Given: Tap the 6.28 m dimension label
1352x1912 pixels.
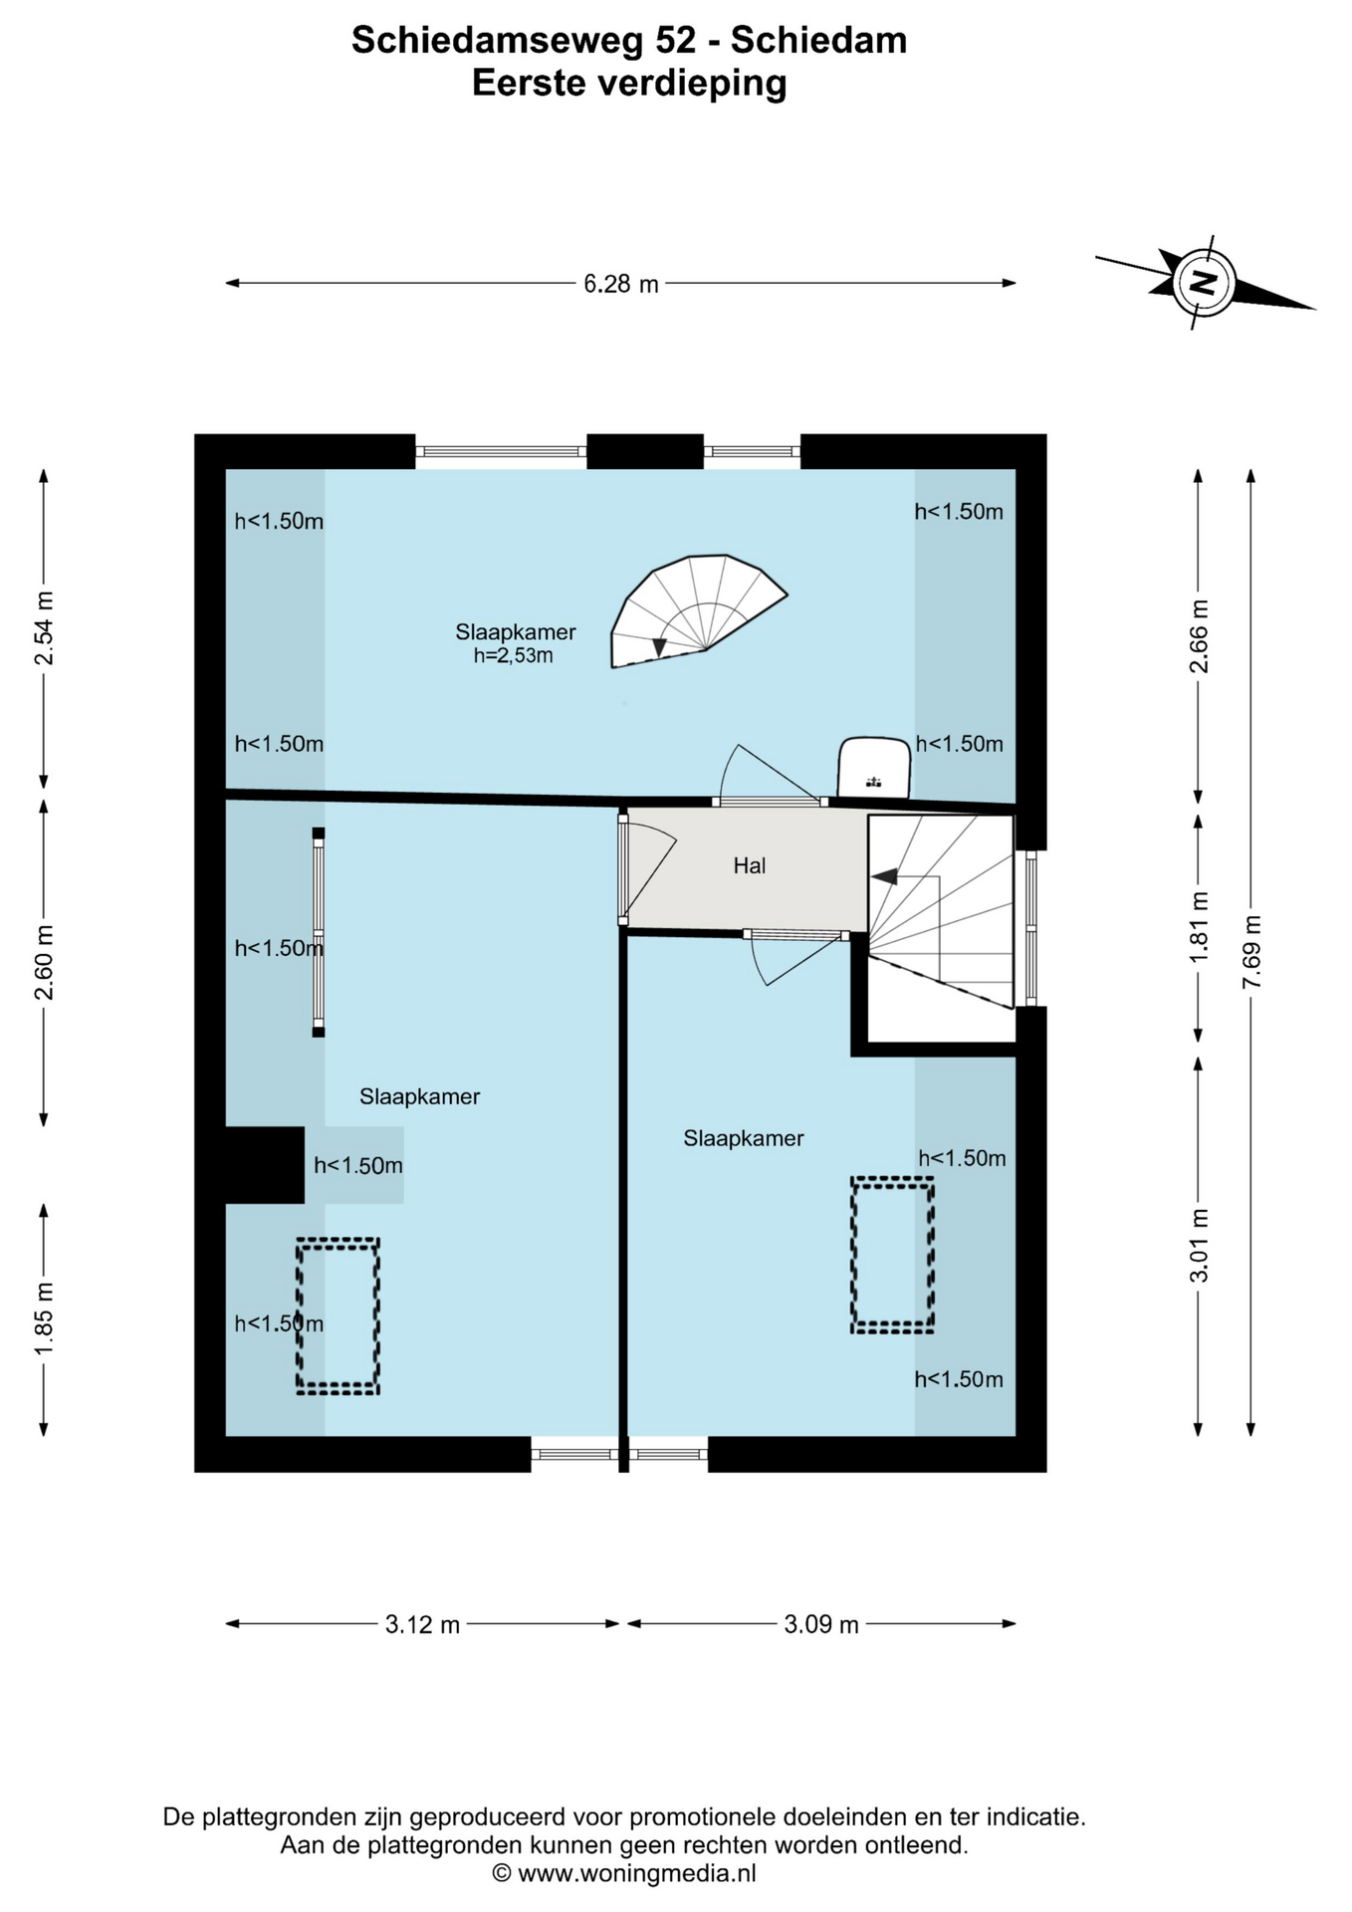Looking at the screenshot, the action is click(x=621, y=284).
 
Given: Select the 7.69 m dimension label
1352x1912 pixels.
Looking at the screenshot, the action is click(x=1251, y=952).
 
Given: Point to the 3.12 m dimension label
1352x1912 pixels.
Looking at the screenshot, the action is click(x=423, y=1624).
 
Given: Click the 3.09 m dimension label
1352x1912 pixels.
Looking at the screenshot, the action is click(x=821, y=1624).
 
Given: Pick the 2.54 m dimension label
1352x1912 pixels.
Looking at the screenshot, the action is click(x=44, y=628).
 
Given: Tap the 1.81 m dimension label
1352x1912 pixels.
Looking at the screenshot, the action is click(x=1199, y=927).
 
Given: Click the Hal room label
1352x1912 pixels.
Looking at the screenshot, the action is click(x=750, y=865).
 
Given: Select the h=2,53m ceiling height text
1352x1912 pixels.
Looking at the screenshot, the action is click(x=514, y=655).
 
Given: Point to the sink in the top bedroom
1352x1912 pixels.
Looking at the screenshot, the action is click(x=873, y=767).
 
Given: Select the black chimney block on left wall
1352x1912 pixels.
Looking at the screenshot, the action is click(x=265, y=1165).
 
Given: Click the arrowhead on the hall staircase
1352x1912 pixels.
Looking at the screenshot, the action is click(x=885, y=876).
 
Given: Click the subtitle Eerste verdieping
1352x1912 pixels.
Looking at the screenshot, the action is click(x=629, y=84).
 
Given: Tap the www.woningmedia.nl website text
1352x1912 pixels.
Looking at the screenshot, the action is click(x=637, y=1873).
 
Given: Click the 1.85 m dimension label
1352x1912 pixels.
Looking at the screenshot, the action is click(x=44, y=1318).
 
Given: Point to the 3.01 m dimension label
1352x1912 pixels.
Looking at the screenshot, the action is click(x=1199, y=1245).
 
